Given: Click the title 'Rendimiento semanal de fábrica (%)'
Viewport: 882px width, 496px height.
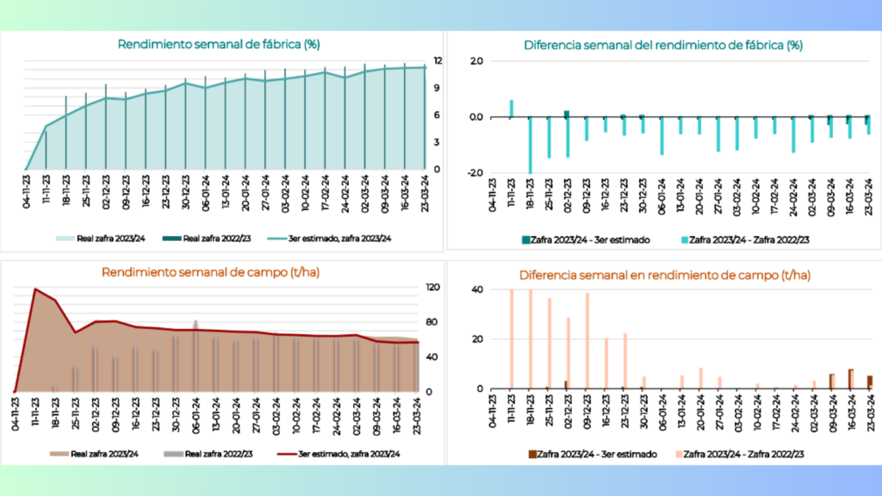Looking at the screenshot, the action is pos(218,45).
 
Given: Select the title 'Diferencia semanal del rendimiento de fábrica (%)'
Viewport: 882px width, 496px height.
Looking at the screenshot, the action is pos(662,45).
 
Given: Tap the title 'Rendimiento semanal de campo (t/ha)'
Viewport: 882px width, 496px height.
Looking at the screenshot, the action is pos(210,272).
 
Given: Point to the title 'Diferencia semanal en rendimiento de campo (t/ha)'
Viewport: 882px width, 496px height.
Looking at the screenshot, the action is pos(664,275).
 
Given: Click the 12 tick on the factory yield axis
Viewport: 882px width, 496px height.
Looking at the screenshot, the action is pos(438,61).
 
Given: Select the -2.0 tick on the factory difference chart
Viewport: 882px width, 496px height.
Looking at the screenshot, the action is pos(475,172).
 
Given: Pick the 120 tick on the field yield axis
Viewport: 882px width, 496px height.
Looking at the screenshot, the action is pos(433,288).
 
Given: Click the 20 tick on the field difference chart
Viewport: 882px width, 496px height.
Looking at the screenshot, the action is pos(477,339).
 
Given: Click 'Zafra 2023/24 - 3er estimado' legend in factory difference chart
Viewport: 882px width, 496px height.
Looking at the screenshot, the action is pos(586,240).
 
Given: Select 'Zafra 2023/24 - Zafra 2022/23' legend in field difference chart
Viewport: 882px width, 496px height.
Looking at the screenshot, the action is pos(740,454).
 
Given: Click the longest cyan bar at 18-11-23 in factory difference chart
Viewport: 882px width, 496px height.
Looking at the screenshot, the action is pos(530,145).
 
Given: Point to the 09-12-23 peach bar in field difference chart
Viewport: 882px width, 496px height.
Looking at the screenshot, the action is pos(587,341).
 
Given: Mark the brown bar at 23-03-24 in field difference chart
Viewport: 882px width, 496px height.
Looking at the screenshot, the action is pos(870,382).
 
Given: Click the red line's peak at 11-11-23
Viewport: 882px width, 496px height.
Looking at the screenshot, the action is pos(35,289).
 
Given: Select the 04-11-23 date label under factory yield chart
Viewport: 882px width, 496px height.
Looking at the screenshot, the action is pos(27,192).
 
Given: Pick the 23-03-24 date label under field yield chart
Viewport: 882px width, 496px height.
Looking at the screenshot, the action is pos(417,414).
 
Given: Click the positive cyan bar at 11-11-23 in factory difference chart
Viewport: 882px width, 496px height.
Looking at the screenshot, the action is pos(512,108).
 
